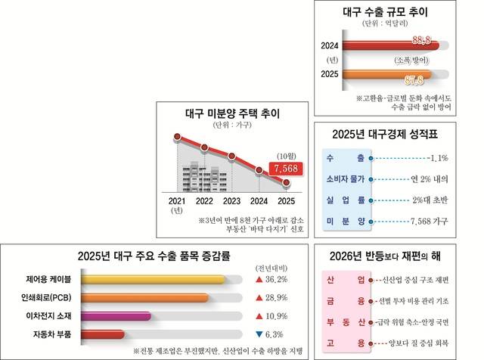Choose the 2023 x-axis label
click(232, 202)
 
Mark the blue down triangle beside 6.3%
click(259, 334)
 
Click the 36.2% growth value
click(279, 280)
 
